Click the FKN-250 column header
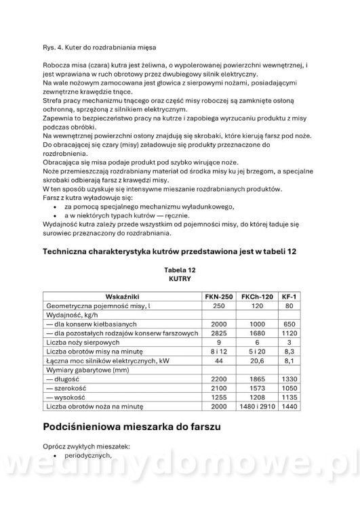click(218, 297)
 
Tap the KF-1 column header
click(289, 297)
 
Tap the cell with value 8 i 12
click(218, 352)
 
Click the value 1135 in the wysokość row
click(289, 398)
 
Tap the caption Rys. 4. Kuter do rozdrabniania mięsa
click(99, 47)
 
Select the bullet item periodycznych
click(87, 457)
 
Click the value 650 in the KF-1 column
click(289, 324)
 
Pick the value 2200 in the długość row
click(218, 379)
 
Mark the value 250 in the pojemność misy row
click(218, 306)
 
